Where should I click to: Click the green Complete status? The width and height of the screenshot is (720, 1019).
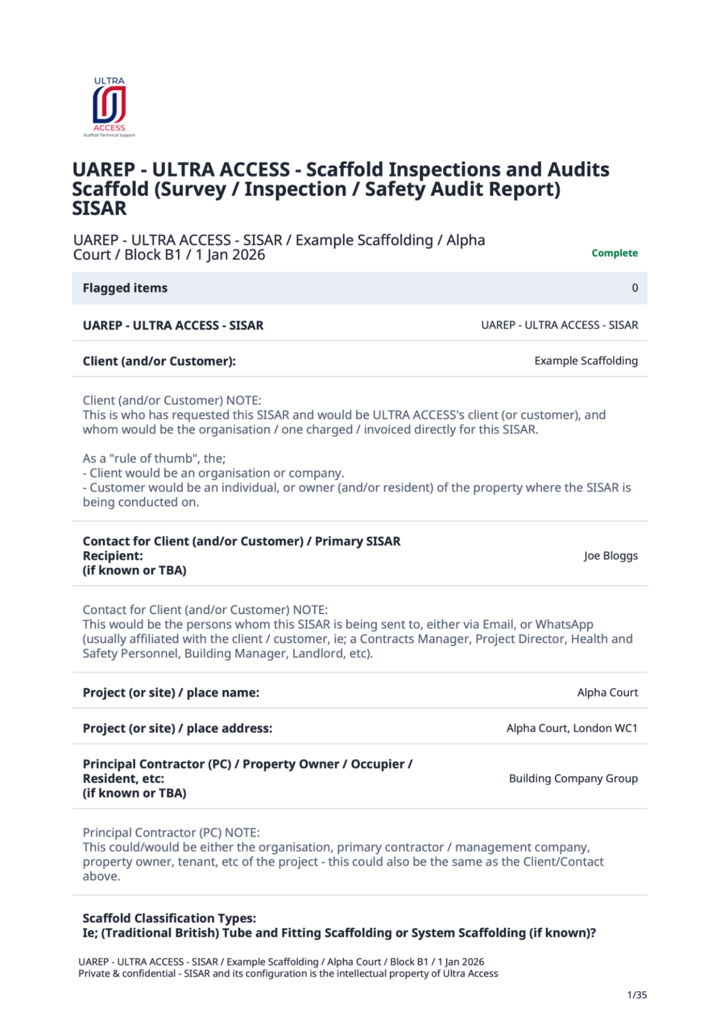[614, 253]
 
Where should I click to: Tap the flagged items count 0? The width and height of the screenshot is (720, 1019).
[635, 288]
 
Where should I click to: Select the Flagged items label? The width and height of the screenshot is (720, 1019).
[125, 288]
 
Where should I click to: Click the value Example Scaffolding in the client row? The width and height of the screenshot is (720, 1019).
[586, 361]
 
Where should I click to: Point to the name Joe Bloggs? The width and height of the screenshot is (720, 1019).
[610, 555]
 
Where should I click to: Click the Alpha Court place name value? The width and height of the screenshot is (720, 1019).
[607, 693]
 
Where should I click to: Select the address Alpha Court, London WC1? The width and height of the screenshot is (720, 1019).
[571, 728]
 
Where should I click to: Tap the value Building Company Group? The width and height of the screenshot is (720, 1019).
[573, 778]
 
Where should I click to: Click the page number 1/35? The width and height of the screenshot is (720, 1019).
[637, 995]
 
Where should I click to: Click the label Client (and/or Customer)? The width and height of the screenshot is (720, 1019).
[159, 361]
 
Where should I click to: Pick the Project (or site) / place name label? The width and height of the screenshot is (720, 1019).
[171, 693]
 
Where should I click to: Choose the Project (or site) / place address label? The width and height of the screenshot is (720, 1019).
[177, 728]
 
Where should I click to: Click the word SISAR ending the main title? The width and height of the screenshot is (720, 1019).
[99, 209]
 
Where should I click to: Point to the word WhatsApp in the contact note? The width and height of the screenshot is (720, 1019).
[564, 624]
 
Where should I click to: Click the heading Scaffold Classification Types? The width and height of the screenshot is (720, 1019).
[169, 918]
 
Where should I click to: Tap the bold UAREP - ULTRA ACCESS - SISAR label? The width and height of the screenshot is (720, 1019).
[173, 325]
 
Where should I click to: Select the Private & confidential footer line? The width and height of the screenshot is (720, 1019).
[288, 974]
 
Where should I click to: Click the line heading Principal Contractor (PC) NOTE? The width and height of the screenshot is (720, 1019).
[171, 833]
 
